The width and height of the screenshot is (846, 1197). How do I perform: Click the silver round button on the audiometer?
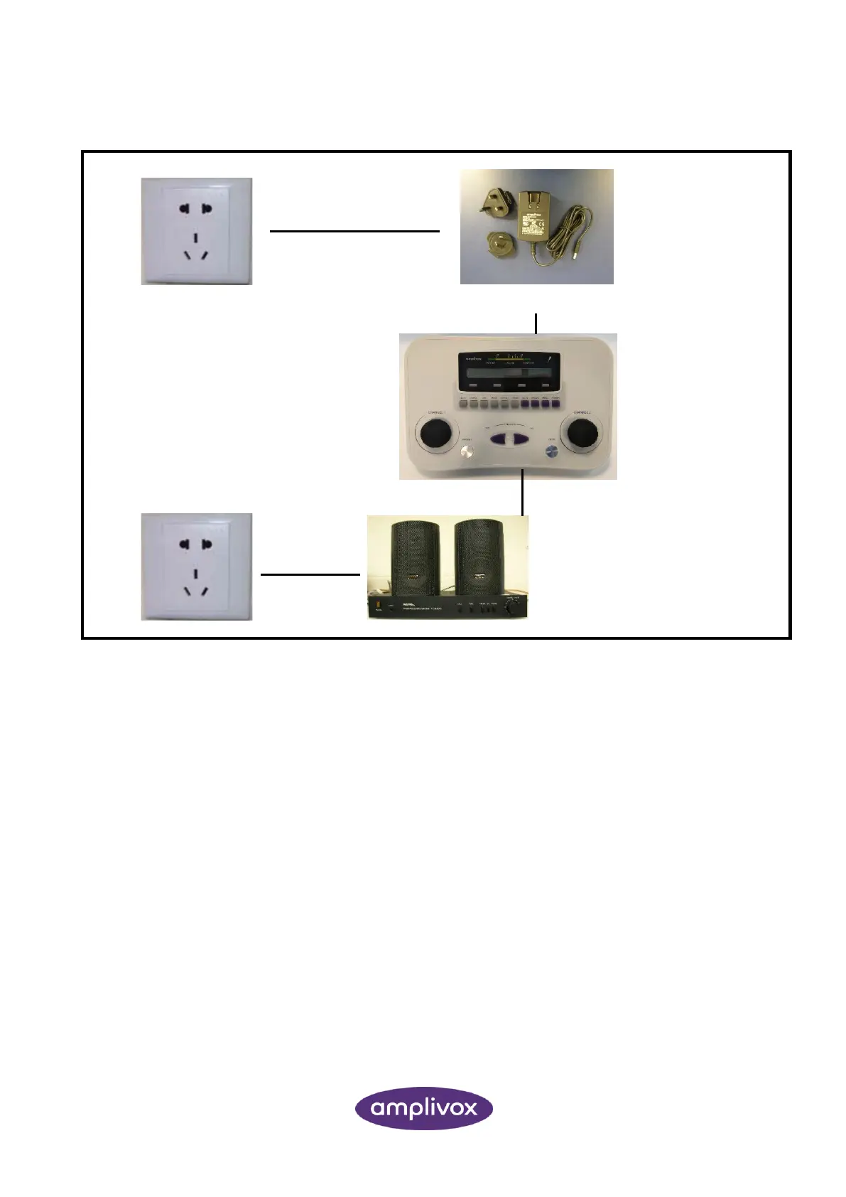tap(467, 455)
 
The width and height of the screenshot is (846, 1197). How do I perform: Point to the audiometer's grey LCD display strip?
tap(507, 372)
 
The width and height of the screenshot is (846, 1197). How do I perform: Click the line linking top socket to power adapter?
tap(354, 231)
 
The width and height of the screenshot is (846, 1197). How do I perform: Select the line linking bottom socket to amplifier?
tap(310, 574)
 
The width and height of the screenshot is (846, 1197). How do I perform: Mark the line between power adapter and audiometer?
tap(536, 322)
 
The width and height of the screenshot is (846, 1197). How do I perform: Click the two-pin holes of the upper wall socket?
tap(196, 209)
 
